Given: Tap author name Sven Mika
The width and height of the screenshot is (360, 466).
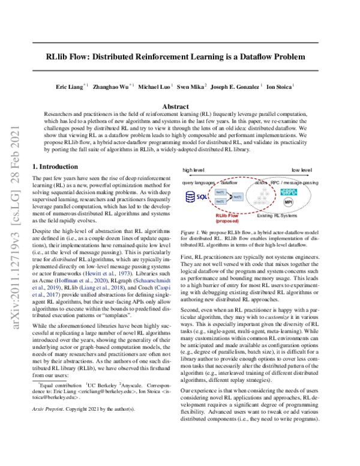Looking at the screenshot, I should click(191, 86).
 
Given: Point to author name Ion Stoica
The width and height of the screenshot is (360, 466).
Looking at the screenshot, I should click(279, 86).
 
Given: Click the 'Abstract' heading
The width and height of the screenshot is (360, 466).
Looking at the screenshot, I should click(179, 106).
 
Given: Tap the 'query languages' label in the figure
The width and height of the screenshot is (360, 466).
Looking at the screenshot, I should click(199, 181).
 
